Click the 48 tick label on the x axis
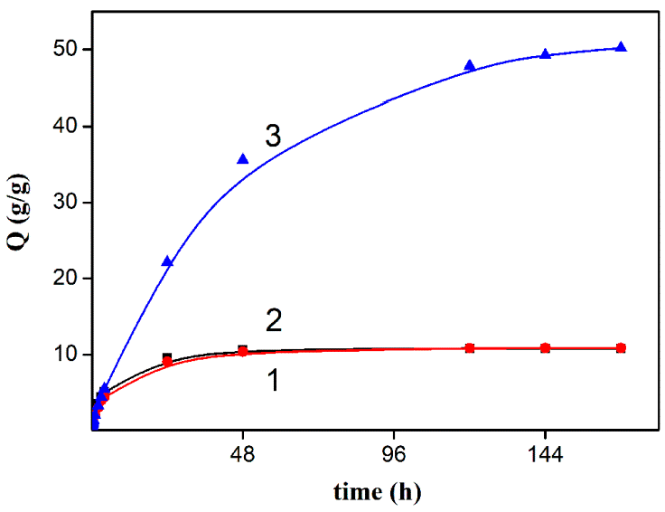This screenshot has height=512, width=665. tap(242, 457)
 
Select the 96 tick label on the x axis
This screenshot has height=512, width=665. tap(394, 457)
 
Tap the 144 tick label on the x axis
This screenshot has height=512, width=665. tap(545, 457)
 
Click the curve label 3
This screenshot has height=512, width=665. tap(274, 137)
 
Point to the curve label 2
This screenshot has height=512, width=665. tap(275, 319)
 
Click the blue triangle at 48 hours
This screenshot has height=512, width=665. tap(242, 159)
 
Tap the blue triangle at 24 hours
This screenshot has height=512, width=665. tap(167, 261)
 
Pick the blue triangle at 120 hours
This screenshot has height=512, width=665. tap(470, 65)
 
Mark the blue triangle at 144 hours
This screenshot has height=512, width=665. tap(545, 54)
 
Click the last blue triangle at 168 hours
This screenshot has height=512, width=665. tap(621, 47)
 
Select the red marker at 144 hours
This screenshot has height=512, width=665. tap(545, 348)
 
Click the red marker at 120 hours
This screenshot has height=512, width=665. tap(470, 348)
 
